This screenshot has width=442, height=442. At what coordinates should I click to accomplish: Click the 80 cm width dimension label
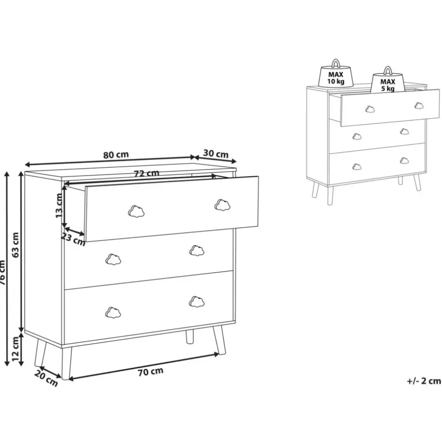[x=116, y=154]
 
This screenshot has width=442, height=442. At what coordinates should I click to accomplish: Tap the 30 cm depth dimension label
[x=216, y=154]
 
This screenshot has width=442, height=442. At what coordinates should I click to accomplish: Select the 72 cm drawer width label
[x=146, y=173]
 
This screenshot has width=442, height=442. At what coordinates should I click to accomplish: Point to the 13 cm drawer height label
[x=59, y=206]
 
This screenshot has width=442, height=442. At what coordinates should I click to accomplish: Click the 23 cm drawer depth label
[x=73, y=239]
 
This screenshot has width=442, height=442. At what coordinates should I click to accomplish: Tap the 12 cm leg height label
[x=15, y=350]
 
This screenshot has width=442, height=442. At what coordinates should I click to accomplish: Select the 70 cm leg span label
[x=150, y=372]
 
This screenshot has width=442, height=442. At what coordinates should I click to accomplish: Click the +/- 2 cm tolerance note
[x=423, y=381]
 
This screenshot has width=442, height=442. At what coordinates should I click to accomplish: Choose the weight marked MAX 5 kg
[x=388, y=82]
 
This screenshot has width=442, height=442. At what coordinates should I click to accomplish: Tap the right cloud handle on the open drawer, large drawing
[x=222, y=204]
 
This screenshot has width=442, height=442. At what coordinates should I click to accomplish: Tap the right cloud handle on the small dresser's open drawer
[x=419, y=106]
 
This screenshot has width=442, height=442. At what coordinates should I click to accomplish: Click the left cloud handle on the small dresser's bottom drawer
[x=356, y=166]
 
